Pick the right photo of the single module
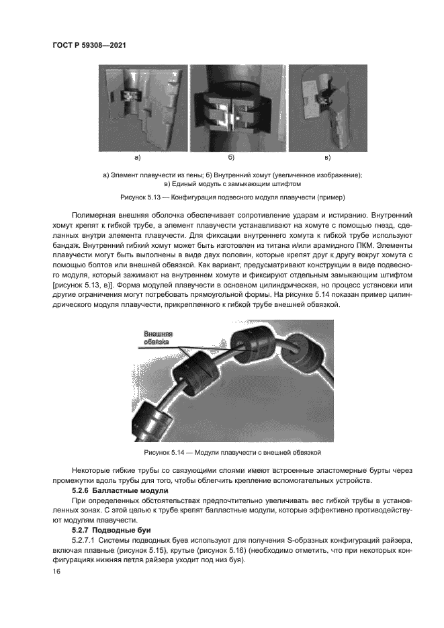click(328, 107)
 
